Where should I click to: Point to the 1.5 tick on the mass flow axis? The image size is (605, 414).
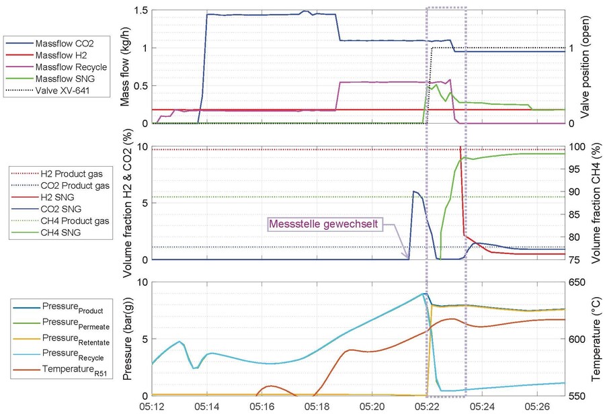(140, 11)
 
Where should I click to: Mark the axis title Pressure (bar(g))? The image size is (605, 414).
(124, 339)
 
